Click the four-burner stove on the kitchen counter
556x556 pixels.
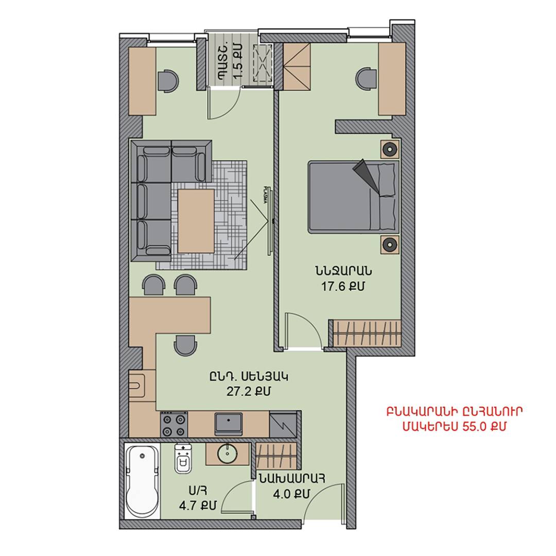click(174, 424)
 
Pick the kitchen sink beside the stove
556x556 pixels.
click(229, 424)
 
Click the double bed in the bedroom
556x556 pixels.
click(353, 197)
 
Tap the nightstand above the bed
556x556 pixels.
click(390, 149)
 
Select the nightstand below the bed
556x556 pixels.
click(390, 245)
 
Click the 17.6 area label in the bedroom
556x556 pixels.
click(342, 287)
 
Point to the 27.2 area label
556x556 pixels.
click(248, 391)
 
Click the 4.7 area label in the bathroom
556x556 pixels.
click(198, 506)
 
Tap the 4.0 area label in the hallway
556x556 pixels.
click(291, 494)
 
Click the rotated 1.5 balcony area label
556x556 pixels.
click(239, 61)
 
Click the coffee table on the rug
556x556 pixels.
click(196, 221)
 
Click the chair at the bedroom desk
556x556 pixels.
click(367, 80)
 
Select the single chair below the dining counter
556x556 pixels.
click(185, 345)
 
